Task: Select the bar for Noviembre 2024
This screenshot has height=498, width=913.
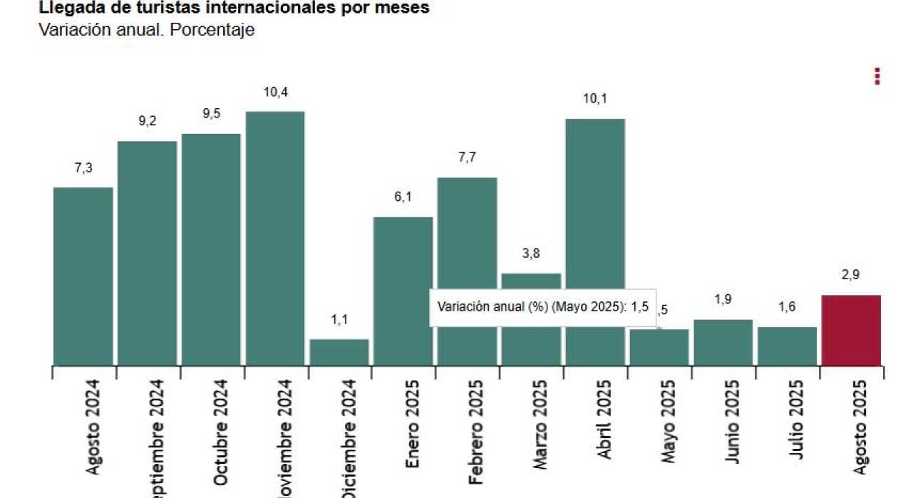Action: pos(275,238)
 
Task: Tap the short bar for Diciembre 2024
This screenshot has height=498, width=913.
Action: pos(339,352)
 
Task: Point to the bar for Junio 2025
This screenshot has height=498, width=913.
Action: pos(723,342)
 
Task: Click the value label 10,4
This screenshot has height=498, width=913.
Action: pos(275,92)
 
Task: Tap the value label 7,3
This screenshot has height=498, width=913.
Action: pos(83,168)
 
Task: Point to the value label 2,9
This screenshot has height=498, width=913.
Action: pos(851,276)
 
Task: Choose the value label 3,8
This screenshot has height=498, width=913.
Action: pos(531,254)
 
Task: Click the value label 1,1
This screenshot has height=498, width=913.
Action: pos(339,320)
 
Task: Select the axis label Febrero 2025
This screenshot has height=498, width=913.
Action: pos(477,432)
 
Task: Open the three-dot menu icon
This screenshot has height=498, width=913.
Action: pos(877,76)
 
